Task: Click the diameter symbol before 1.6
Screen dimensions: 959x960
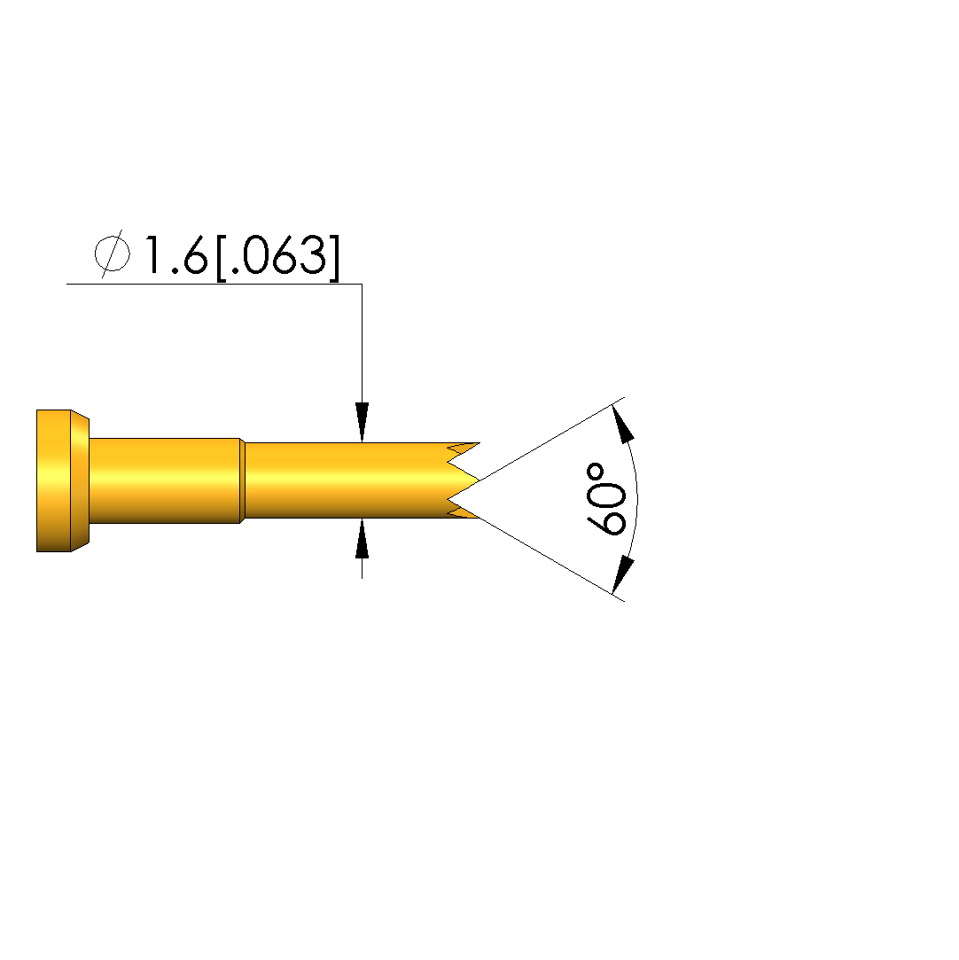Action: tap(113, 254)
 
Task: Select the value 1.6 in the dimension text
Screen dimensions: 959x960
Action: tap(175, 255)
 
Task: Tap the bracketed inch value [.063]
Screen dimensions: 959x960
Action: tap(277, 257)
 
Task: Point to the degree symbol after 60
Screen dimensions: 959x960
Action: tap(595, 472)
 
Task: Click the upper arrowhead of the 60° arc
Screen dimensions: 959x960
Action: tap(622, 425)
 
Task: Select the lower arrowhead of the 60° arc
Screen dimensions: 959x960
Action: tap(622, 574)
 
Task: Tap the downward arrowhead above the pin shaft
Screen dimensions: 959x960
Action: tap(363, 422)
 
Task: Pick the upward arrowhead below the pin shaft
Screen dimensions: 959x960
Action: tap(363, 538)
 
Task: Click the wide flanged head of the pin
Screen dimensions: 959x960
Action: tap(62, 480)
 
